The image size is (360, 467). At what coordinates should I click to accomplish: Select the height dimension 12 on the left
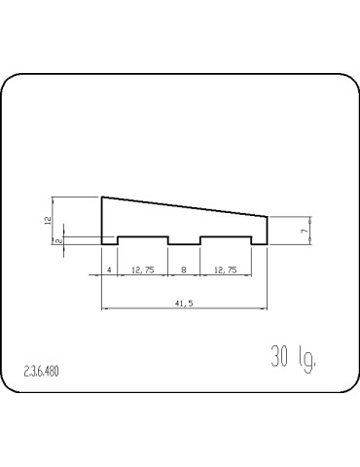48,221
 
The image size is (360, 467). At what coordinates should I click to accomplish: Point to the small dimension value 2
58,240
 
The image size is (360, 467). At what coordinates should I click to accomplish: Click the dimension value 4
110,269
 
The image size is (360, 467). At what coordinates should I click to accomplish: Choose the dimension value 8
184,269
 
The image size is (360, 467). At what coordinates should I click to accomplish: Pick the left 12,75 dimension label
142,269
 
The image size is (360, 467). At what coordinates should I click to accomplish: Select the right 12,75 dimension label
226,269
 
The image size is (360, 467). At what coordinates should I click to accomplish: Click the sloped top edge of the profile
185,206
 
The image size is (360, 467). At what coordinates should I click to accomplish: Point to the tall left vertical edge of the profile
102,219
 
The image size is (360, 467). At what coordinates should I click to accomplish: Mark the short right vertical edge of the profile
268,230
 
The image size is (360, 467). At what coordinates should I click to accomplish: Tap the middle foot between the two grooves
184,243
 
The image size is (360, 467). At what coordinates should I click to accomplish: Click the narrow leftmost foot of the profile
110,243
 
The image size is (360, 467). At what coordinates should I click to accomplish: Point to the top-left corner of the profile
102,198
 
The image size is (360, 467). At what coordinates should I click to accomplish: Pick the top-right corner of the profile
268,216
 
